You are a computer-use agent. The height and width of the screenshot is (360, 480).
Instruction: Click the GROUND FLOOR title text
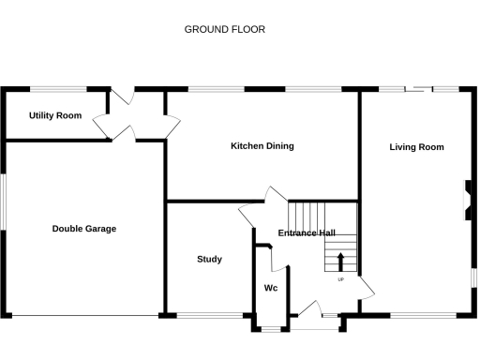point(225,29)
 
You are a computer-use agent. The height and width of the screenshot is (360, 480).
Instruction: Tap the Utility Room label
point(55,116)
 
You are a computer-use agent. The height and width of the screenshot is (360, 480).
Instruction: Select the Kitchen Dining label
point(262,146)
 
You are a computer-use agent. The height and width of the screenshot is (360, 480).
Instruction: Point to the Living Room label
point(417,147)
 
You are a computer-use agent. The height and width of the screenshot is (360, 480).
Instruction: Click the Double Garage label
point(84,229)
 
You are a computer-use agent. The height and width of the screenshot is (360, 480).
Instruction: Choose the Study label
point(209,259)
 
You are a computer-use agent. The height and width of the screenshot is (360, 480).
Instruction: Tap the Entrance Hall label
point(307,233)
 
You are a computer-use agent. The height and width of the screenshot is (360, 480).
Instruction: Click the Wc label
point(271,288)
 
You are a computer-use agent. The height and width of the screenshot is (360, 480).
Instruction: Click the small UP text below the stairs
point(340,278)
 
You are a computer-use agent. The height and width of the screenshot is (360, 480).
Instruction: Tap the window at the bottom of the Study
point(202,314)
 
